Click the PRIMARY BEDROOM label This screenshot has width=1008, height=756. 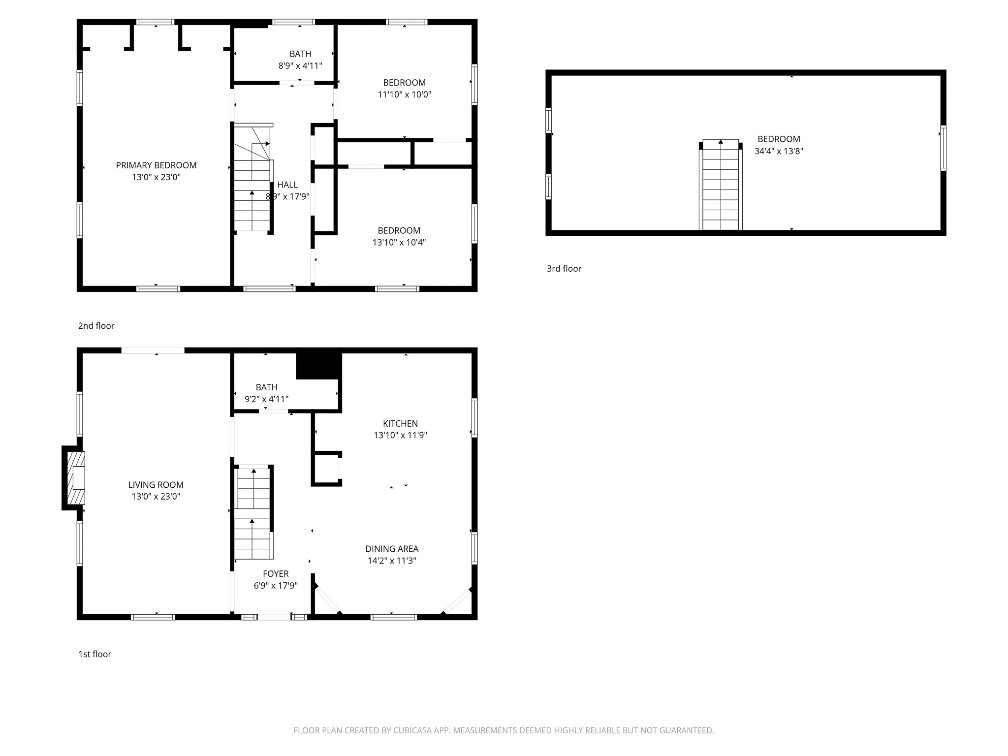click(x=156, y=165)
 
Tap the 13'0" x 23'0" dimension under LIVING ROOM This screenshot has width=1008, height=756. click(x=156, y=497)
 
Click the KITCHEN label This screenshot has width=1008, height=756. click(x=400, y=423)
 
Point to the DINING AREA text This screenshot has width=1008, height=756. click(x=392, y=549)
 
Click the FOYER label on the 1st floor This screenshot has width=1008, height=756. click(x=276, y=574)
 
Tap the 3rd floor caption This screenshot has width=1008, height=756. click(x=564, y=269)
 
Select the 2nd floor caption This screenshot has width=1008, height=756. click(x=96, y=326)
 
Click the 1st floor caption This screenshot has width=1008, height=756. click(x=94, y=654)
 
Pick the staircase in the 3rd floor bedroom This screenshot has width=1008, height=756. click(x=721, y=186)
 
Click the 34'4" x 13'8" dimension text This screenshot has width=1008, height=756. click(x=779, y=152)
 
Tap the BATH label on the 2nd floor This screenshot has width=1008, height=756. click(x=300, y=54)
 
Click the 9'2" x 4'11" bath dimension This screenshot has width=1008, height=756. click(x=266, y=399)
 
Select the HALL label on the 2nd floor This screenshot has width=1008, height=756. click(x=287, y=185)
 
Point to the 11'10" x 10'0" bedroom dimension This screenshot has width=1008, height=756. click(x=404, y=94)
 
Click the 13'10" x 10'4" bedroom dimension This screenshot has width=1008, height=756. click(x=399, y=243)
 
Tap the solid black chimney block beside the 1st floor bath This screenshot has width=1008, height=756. click(x=318, y=364)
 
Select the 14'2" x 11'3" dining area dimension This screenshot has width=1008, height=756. click(x=392, y=561)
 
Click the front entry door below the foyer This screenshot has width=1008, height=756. click(x=274, y=617)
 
